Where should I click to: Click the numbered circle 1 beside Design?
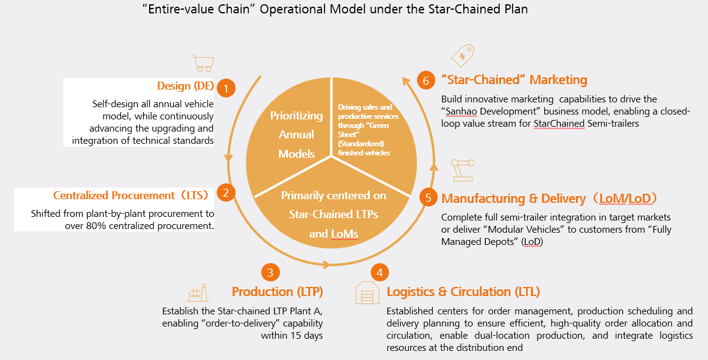click(226, 88)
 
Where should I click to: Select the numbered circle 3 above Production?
click(270, 272)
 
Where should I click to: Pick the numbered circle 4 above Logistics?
click(379, 272)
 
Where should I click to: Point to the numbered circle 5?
click(429, 197)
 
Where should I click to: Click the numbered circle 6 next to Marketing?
click(426, 80)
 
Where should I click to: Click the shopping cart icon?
click(202, 63)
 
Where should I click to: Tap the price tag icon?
click(463, 55)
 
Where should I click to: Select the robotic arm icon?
click(463, 169)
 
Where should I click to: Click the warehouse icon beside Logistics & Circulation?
click(366, 293)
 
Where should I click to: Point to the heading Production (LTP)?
click(277, 291)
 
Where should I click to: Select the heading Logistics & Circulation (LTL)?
click(463, 291)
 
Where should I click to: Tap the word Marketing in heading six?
click(558, 80)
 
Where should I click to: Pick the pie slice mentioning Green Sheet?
click(371, 128)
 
